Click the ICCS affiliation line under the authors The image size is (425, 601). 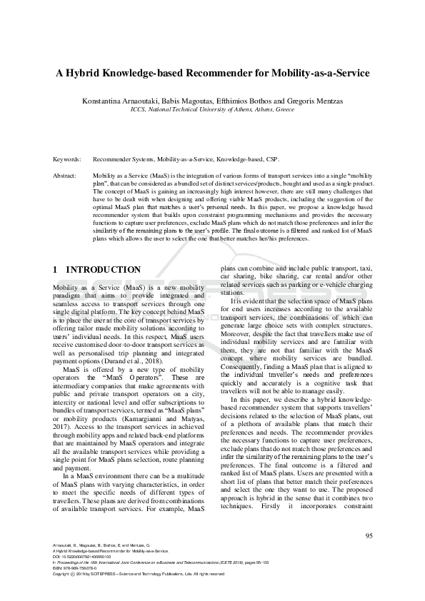pyautogui.click(x=212, y=111)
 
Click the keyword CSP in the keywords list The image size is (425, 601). pyautogui.click(x=274, y=160)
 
